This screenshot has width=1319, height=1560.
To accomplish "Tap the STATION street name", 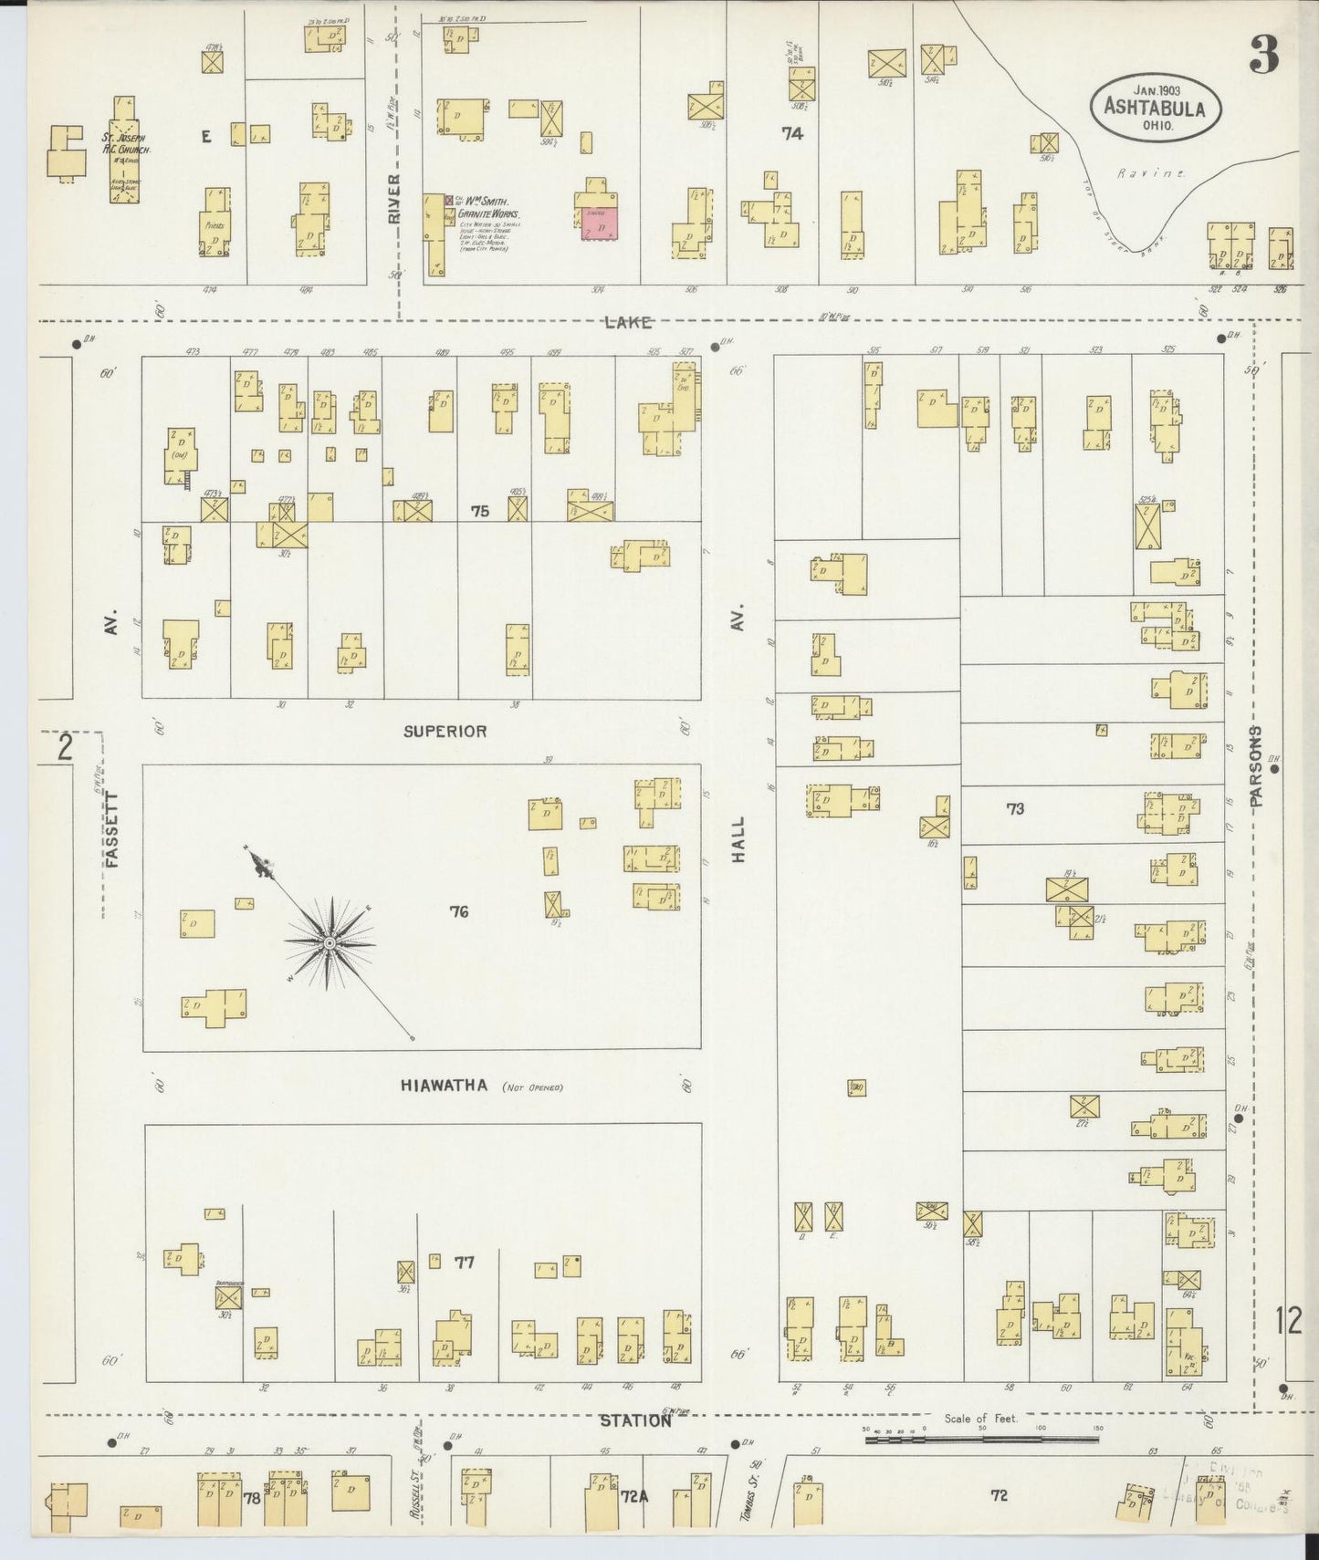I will point(635,1421).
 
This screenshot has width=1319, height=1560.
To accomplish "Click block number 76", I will point(459,910).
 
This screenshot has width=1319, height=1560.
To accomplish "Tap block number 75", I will point(479,512).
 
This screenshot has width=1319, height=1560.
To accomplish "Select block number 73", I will point(1015,808).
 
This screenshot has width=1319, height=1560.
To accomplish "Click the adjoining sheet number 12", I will point(1288,1321).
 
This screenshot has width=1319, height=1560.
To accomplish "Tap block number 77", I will point(465,1263).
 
